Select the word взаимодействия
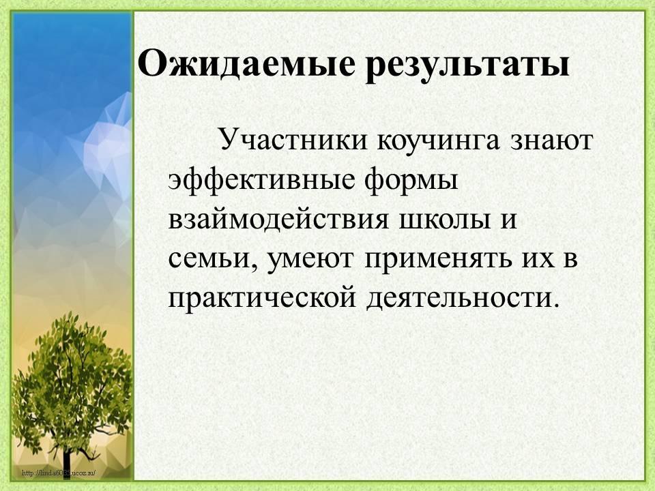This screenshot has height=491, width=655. pyautogui.click(x=278, y=219)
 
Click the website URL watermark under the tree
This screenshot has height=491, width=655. pyautogui.click(x=59, y=473)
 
